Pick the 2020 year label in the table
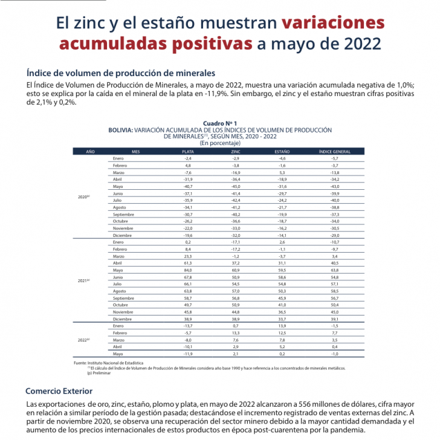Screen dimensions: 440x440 tap(84, 197)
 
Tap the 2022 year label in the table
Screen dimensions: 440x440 tap(84, 340)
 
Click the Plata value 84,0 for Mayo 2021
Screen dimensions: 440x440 tap(187, 270)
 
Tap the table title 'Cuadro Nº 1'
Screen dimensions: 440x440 tap(220, 123)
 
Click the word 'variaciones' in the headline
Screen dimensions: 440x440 tap(333, 23)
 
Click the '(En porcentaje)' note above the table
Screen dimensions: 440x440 tap(220, 143)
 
